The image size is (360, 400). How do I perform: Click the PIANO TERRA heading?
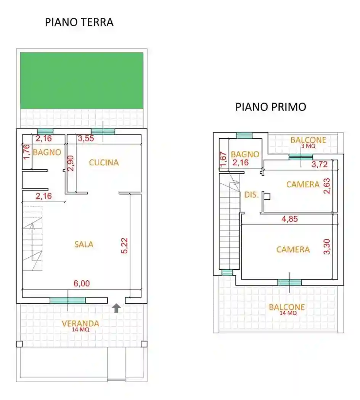click(x=79, y=22)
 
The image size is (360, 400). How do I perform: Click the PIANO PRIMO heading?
click(x=270, y=107)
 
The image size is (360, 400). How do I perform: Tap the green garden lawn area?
click(x=82, y=80)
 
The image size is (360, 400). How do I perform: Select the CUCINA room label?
click(x=104, y=163)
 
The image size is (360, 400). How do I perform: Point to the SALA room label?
click(x=84, y=245)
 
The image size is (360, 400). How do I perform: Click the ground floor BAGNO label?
click(x=47, y=152)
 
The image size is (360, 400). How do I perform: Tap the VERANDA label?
click(x=80, y=324)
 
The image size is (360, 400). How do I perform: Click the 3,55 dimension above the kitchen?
click(x=86, y=139)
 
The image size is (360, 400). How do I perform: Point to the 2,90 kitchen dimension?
click(x=70, y=163)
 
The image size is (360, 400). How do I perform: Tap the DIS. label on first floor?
click(x=251, y=195)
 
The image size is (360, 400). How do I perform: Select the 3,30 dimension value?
click(x=327, y=247)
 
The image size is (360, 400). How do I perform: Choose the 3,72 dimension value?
click(x=320, y=165)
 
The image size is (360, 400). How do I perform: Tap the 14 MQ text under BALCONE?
click(x=287, y=313)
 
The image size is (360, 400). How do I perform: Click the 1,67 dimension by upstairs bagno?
click(x=223, y=160)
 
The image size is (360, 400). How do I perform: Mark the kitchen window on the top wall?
click(x=103, y=131)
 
